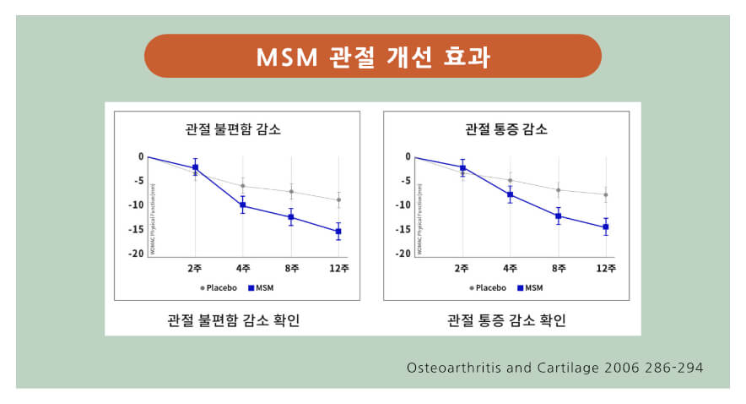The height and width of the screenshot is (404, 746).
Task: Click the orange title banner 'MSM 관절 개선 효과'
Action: click(372, 57)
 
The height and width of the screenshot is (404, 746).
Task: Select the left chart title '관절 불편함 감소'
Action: click(233, 130)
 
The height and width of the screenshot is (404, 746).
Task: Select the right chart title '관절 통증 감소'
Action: click(505, 130)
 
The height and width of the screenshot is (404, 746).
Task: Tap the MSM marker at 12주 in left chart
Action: click(338, 231)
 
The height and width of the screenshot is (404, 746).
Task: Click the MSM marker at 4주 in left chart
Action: click(243, 205)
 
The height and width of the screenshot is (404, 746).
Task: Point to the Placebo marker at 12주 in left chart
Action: click(338, 200)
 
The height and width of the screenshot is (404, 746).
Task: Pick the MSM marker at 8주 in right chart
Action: click(558, 216)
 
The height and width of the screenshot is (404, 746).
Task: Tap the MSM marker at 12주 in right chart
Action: click(605, 227)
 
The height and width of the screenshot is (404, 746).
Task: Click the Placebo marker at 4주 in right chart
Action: click(510, 180)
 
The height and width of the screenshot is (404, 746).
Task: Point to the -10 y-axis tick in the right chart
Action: click(404, 205)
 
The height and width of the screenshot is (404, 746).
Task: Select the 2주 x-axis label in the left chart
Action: click(195, 269)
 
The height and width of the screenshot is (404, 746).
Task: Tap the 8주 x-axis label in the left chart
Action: click(291, 269)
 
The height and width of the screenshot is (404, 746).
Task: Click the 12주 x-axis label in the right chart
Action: click(605, 269)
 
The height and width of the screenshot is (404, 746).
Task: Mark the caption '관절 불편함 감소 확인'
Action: click(233, 320)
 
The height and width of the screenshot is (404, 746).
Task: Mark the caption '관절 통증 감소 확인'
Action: click(505, 320)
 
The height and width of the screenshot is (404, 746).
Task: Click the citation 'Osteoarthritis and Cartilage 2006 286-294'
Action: click(554, 369)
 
